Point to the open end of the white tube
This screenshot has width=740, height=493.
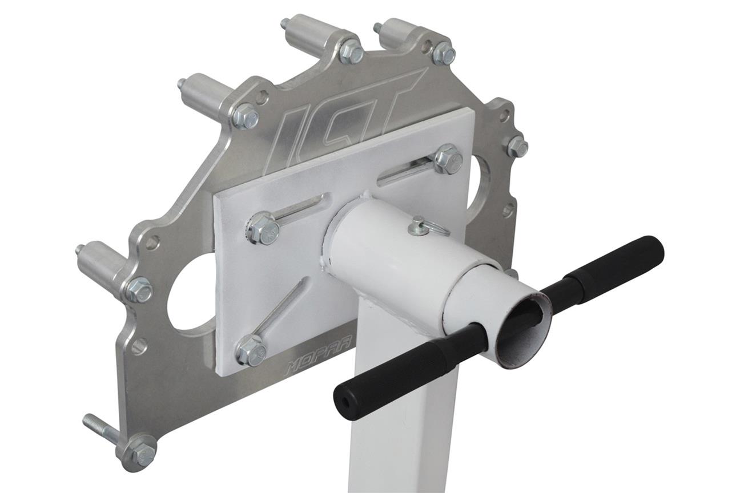coord(523,331)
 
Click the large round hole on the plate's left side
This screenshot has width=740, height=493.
coord(191,291)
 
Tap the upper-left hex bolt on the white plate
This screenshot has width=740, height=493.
coord(264,228)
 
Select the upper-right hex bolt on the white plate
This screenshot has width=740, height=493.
coord(448,159)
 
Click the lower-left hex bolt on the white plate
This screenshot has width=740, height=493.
coord(251,350)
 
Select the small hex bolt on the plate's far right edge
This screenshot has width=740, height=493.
coord(517,147)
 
